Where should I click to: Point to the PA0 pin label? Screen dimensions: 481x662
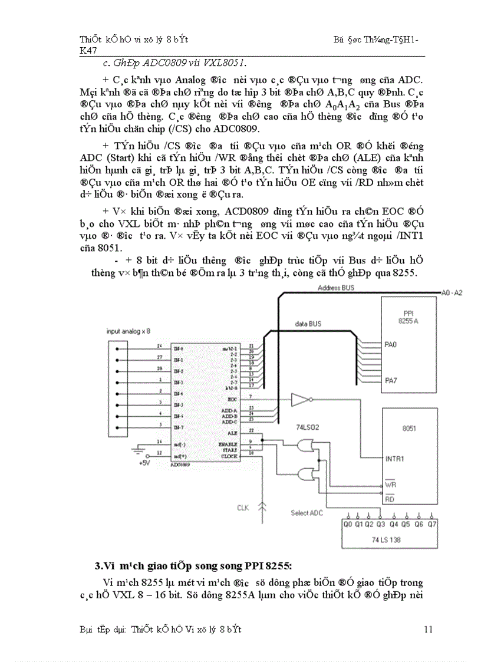[x=391, y=342]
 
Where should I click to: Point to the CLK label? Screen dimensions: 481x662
[x=243, y=507]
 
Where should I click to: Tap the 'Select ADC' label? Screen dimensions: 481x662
[x=308, y=513]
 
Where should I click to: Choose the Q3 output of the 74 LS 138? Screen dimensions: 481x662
[x=381, y=523]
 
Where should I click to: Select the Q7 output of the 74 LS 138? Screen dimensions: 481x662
[x=432, y=523]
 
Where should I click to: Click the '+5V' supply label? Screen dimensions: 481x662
[x=145, y=463]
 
